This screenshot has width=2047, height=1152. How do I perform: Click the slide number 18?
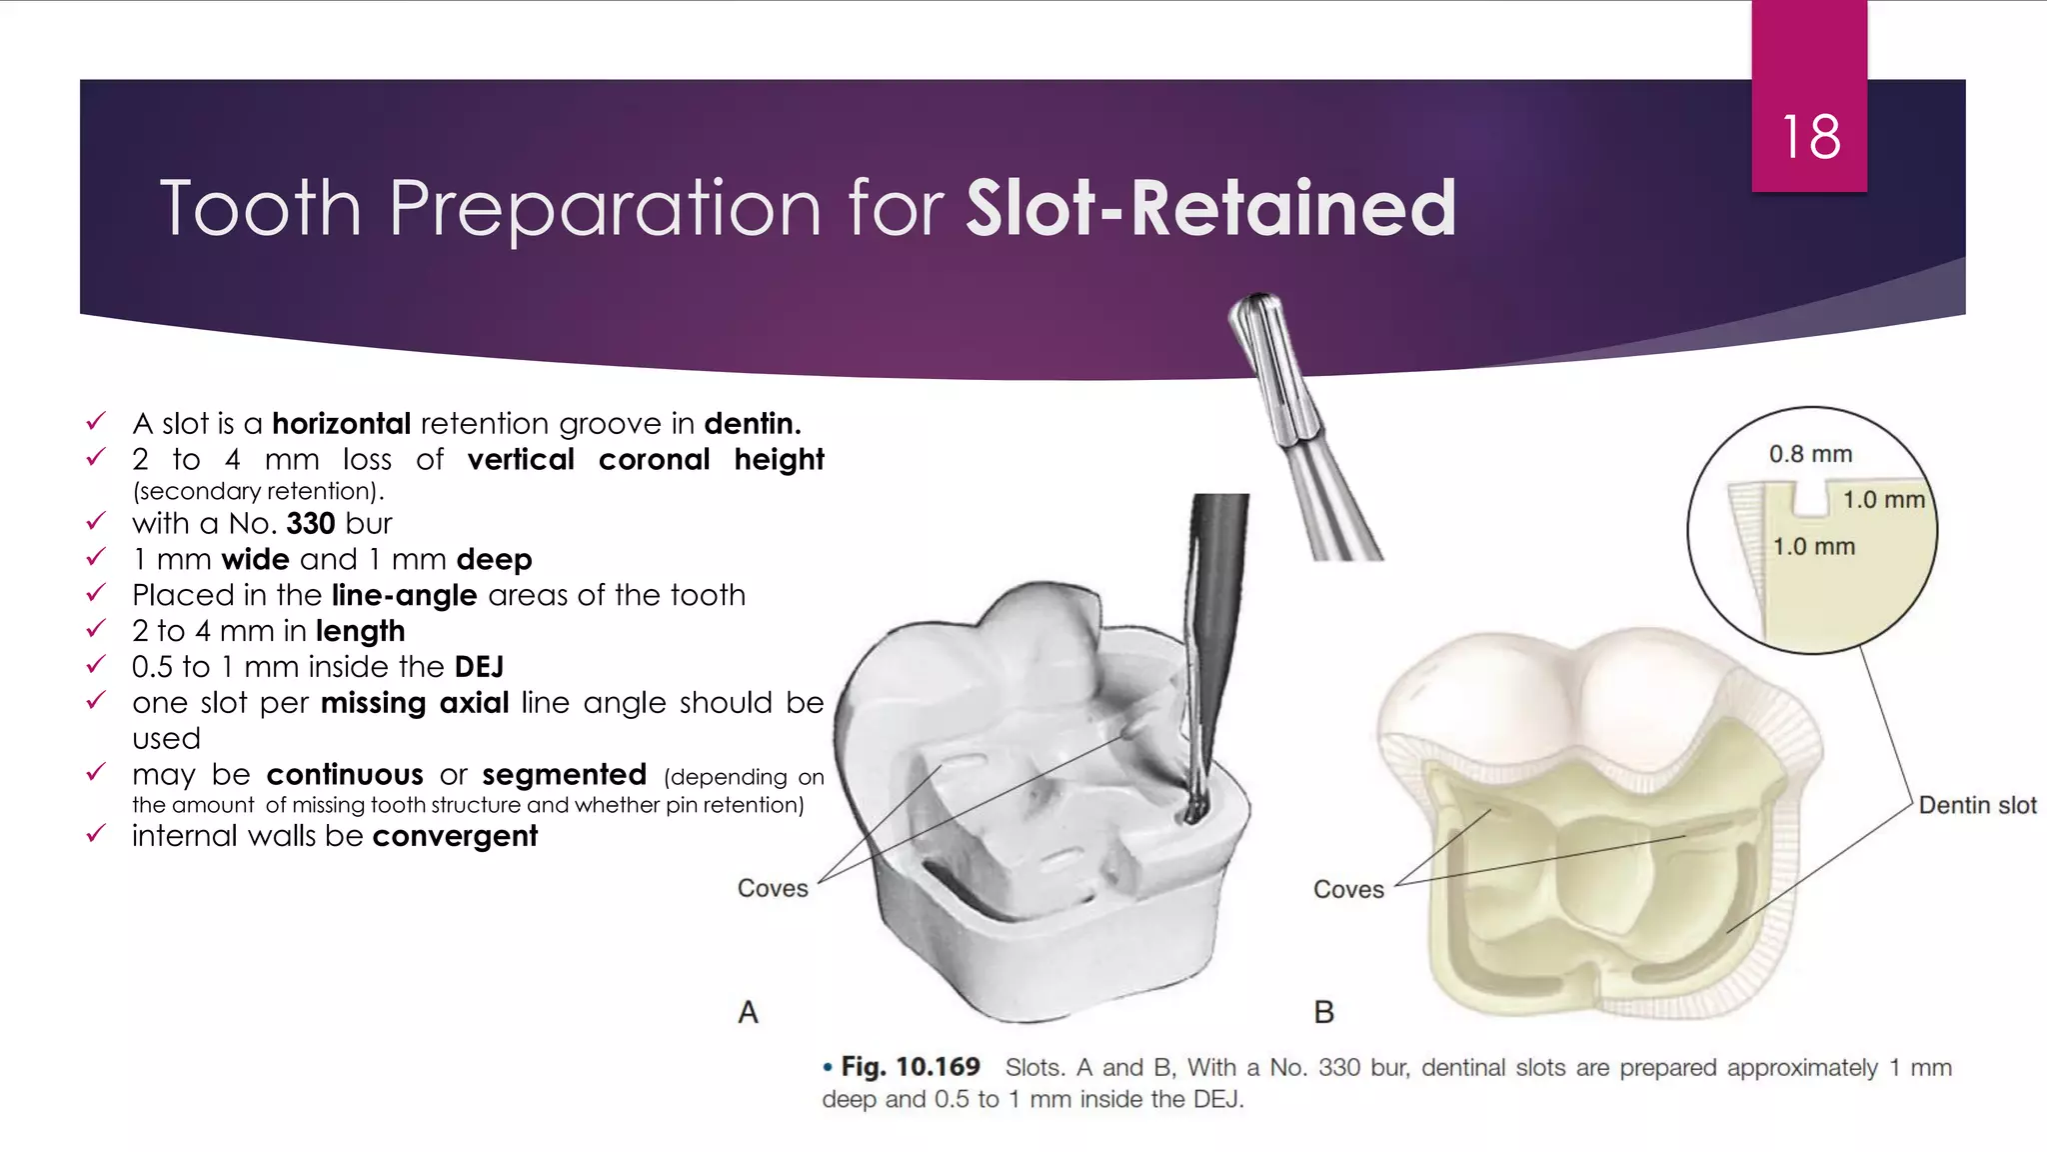tap(1810, 137)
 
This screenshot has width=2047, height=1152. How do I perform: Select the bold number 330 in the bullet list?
tap(310, 523)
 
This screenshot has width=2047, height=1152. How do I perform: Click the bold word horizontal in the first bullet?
tap(341, 424)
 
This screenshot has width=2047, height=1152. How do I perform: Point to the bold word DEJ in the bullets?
tap(479, 667)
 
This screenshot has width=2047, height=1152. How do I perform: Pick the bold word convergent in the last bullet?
tap(455, 836)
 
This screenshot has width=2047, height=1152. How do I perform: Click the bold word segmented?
tap(564, 775)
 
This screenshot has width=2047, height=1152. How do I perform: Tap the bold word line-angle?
tap(404, 595)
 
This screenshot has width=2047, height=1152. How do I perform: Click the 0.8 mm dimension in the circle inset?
tap(1810, 454)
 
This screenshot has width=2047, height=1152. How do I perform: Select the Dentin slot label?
tap(1977, 806)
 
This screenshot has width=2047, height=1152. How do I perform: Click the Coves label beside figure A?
tap(773, 888)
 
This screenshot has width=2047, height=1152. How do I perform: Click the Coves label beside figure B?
tap(1348, 889)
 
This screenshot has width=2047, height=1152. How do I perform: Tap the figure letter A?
tap(749, 1013)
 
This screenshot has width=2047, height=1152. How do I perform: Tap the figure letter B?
tap(1324, 1013)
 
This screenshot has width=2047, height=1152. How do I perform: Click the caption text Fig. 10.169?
tap(910, 1067)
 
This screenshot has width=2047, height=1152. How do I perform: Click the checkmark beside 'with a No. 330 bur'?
tap(96, 521)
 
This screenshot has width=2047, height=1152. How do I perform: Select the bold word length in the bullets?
tap(360, 631)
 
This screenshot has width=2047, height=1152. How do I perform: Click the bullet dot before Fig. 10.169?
tap(828, 1068)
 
